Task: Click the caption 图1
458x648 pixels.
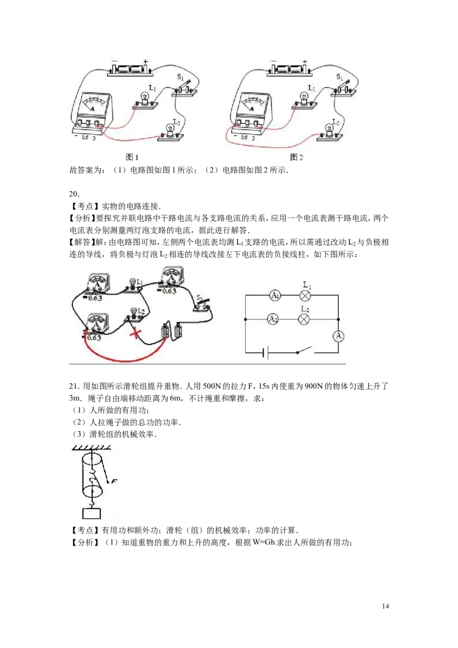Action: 132,157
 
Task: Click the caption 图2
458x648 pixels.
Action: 297,157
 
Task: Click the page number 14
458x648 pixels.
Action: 385,606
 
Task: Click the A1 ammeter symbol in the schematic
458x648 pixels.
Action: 275,295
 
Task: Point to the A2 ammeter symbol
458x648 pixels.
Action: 273,319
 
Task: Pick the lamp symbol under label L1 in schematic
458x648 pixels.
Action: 305,295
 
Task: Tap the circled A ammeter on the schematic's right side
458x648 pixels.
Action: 338,335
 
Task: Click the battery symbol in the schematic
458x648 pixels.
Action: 266,353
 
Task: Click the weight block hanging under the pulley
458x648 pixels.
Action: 92,513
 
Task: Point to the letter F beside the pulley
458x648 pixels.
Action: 114,481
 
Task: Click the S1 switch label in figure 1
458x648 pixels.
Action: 180,77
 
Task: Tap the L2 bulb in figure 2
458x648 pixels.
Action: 329,130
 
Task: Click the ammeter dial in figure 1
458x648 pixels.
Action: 93,103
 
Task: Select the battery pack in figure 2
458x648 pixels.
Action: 289,69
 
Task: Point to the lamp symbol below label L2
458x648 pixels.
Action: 304,319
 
